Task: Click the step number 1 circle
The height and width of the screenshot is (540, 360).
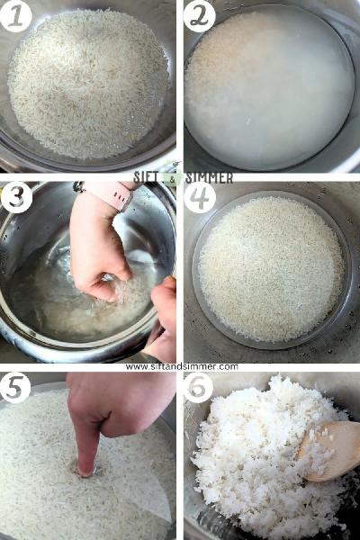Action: coord(16,15)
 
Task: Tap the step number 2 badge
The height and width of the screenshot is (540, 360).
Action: coord(200,16)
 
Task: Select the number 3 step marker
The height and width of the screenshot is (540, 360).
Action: coord(16,197)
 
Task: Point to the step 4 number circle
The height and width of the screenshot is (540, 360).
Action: coord(200,197)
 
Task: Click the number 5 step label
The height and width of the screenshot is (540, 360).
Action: coord(15,387)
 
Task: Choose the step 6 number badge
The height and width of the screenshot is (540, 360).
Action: coord(198,387)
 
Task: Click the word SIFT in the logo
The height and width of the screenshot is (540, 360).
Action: coord(148,177)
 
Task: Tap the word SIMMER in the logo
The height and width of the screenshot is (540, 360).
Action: coord(209,177)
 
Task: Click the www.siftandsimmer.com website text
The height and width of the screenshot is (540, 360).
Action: coord(182,367)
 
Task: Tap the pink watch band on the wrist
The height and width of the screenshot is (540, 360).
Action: coord(111,193)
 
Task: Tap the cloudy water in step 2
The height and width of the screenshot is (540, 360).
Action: coord(270,88)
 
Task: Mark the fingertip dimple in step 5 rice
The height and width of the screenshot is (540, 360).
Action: coord(85,472)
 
